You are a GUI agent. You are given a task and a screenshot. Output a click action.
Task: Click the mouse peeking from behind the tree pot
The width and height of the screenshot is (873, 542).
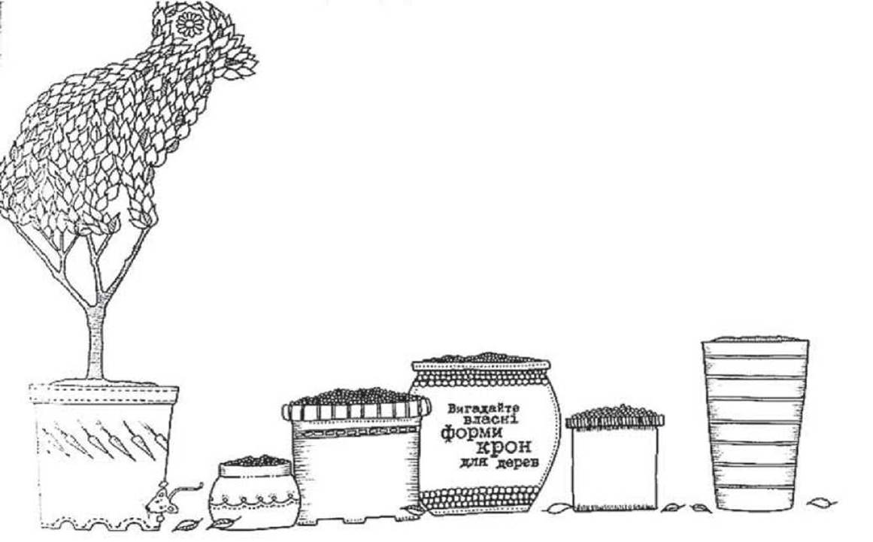(x=162, y=502)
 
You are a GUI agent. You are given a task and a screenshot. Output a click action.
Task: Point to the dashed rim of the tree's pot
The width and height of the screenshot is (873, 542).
(x=104, y=394)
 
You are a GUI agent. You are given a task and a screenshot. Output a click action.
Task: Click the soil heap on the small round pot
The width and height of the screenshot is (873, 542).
(x=255, y=460)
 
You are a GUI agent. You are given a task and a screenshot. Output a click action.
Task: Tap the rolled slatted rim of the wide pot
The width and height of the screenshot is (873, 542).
(x=356, y=410)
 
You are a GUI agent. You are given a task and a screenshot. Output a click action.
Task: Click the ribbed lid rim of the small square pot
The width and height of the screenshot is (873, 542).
(x=614, y=422)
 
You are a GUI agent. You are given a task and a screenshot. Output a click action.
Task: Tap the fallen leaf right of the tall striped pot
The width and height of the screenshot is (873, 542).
(x=822, y=503)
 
